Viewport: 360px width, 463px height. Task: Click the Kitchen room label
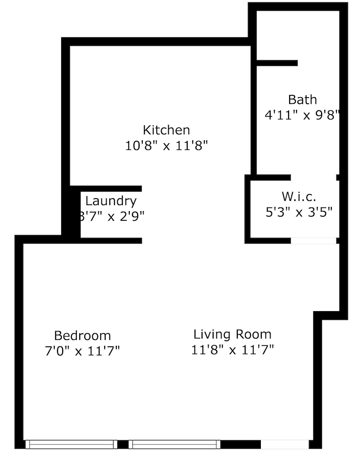pyautogui.click(x=166, y=130)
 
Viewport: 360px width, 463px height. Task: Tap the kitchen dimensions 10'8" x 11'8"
pyautogui.click(x=166, y=146)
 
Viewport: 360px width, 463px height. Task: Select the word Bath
pyautogui.click(x=303, y=100)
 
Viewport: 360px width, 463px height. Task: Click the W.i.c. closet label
pyautogui.click(x=299, y=196)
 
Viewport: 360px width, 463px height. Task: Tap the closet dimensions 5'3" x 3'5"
pyautogui.click(x=299, y=213)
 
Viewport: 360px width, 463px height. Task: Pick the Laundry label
pyautogui.click(x=111, y=201)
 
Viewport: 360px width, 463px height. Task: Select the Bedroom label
pyautogui.click(x=82, y=335)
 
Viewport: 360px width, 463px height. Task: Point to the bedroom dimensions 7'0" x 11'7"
pyautogui.click(x=82, y=351)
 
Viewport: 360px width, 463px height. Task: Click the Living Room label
pyautogui.click(x=233, y=334)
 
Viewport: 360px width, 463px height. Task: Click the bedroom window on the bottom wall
pyautogui.click(x=71, y=444)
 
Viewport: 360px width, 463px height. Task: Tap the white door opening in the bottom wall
pyautogui.click(x=284, y=444)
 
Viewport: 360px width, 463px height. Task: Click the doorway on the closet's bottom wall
pyautogui.click(x=313, y=241)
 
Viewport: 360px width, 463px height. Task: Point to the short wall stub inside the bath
pyautogui.click(x=277, y=63)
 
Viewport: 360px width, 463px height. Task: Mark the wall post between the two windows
pyautogui.click(x=123, y=444)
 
